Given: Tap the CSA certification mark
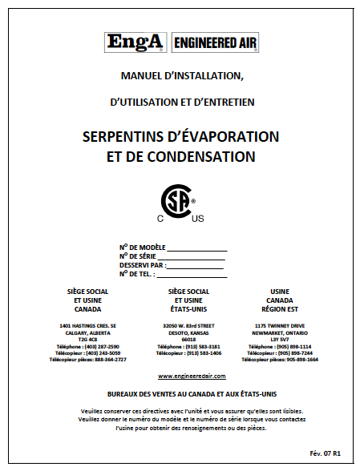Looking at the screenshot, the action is point(180,202).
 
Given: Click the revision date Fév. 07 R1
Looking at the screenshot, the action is point(326,453).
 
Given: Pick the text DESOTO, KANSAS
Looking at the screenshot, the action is point(189,332).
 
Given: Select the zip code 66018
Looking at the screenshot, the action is point(189,339).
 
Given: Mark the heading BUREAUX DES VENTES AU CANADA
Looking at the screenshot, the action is point(152,393).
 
